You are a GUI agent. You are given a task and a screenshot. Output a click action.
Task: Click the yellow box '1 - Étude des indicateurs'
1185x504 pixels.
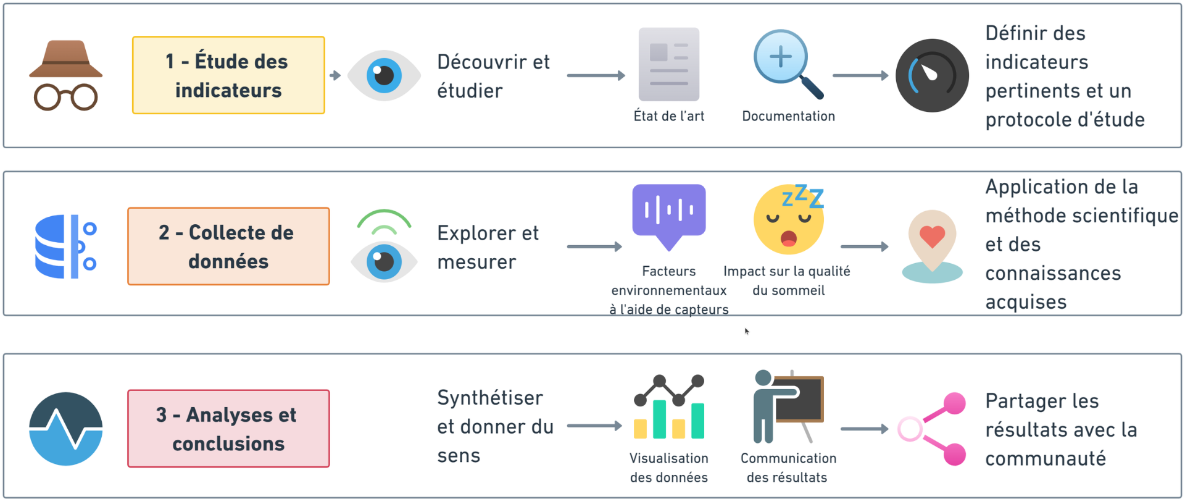click(228, 75)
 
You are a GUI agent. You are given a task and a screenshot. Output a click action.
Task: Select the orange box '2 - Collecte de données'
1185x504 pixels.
click(228, 246)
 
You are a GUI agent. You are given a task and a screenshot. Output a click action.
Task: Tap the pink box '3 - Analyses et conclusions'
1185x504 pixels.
click(228, 429)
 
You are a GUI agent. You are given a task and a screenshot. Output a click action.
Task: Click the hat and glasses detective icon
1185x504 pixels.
click(65, 75)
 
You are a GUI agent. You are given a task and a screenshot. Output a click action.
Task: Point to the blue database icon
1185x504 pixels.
click(65, 246)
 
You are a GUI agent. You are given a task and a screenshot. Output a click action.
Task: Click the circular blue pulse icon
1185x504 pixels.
click(65, 429)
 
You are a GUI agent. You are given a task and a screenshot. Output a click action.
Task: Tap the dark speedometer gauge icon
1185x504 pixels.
click(932, 75)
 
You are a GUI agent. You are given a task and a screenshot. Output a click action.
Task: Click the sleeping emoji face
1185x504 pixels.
click(789, 220)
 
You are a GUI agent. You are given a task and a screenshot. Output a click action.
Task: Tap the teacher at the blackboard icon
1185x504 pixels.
click(788, 406)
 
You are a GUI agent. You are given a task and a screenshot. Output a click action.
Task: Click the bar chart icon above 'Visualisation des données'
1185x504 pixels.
click(669, 407)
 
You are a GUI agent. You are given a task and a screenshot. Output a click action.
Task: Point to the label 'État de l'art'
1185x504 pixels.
click(669, 116)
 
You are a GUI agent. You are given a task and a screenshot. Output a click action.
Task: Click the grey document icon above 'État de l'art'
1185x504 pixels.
click(669, 64)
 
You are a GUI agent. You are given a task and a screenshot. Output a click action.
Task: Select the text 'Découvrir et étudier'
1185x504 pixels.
click(493, 76)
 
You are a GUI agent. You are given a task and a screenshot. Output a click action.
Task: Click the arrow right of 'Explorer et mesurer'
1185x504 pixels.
click(594, 246)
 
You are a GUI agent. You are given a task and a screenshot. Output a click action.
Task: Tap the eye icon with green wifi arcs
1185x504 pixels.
click(384, 246)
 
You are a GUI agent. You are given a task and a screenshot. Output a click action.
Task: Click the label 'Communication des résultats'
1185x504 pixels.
click(788, 468)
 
